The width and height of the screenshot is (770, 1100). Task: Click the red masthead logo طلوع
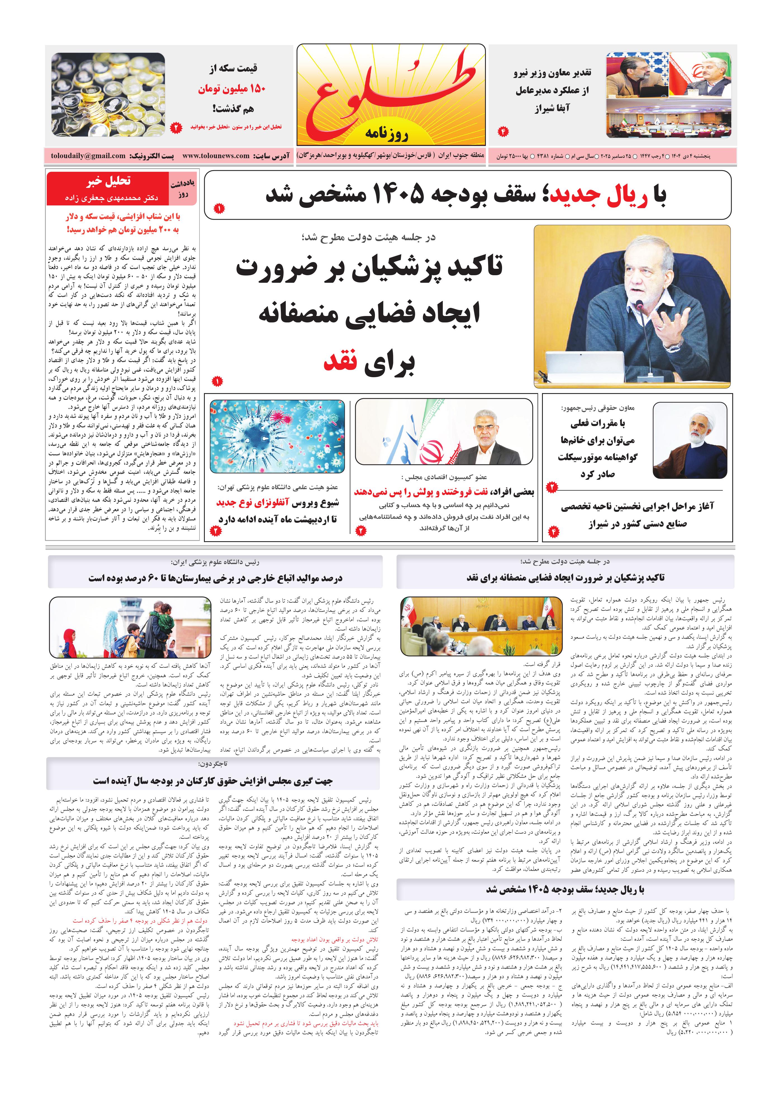pyautogui.click(x=391, y=93)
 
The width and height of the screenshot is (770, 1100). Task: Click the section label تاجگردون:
pyautogui.click(x=214, y=764)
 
